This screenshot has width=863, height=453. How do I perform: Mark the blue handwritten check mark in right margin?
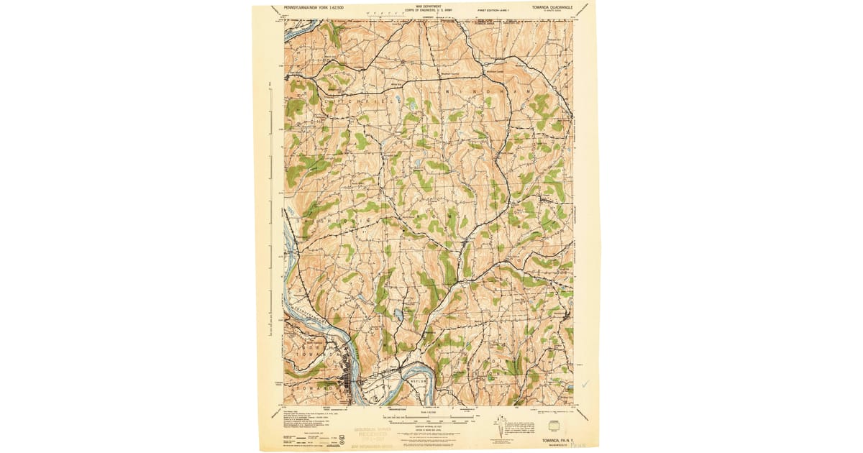click(x=586, y=384)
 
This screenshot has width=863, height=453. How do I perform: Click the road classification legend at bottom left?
click(x=302, y=432)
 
